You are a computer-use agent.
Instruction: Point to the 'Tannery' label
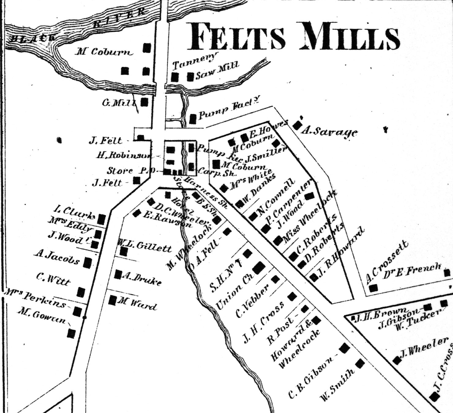[x=195, y=61]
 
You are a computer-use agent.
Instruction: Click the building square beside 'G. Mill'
[x=144, y=102]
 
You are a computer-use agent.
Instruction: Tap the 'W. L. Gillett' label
[x=145, y=246]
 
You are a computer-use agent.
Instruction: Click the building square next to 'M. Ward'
[x=113, y=300]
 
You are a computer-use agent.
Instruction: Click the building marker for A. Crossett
[x=373, y=288]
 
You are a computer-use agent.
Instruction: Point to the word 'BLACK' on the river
[x=33, y=38]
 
